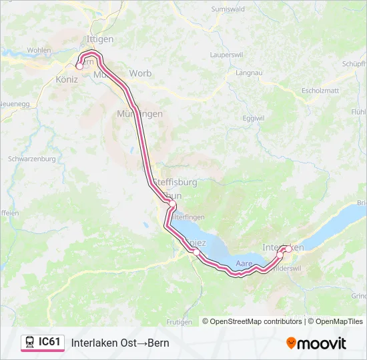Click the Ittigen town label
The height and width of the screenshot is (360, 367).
click(x=100, y=39)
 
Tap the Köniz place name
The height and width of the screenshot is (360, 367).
click(x=63, y=79)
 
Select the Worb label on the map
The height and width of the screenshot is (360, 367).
click(x=140, y=73)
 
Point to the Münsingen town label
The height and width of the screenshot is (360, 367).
click(x=139, y=114)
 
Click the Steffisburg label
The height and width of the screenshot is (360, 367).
click(x=175, y=181)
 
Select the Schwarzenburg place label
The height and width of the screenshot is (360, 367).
click(x=31, y=159)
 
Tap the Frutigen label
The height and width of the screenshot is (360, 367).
click(x=179, y=321)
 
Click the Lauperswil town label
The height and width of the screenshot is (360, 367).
click(x=228, y=54)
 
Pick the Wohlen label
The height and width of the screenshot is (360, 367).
click(x=39, y=50)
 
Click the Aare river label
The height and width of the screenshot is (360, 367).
click(x=244, y=265)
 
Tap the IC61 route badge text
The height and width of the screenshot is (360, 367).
click(x=49, y=342)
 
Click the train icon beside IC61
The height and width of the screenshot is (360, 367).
click(x=30, y=343)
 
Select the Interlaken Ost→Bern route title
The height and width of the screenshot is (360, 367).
click(x=120, y=343)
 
